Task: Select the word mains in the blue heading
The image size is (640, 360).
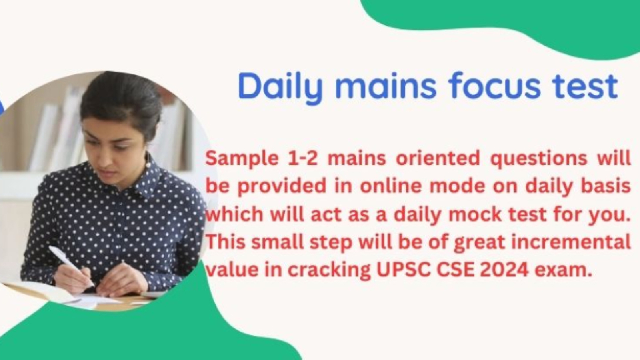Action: coord(386,86)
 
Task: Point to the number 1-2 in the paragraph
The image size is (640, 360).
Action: coord(303,158)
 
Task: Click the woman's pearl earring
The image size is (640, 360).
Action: coord(148,164)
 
